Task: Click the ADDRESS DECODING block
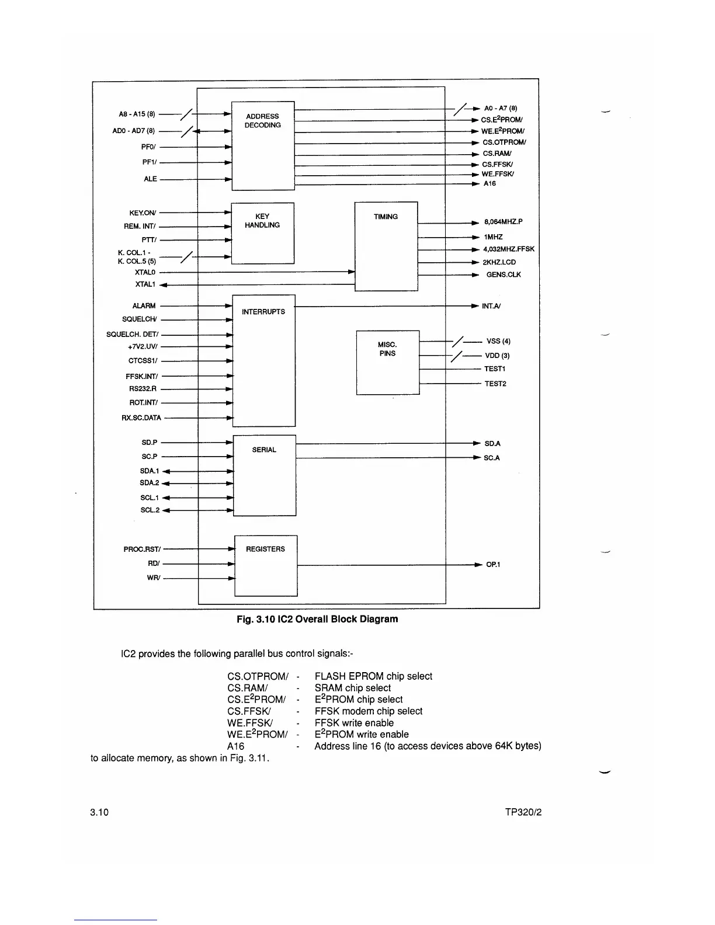263,145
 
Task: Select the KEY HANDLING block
262,233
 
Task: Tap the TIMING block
386,246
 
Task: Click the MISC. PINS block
388,362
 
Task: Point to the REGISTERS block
266,565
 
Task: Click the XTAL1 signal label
145,284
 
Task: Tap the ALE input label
151,179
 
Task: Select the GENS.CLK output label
503,274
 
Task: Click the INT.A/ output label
491,306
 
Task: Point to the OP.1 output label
493,565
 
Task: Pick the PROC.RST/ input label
141,550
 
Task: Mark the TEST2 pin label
495,384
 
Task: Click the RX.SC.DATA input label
141,418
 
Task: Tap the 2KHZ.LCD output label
499,262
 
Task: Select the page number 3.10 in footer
99,812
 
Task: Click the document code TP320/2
523,812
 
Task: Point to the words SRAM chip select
352,688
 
